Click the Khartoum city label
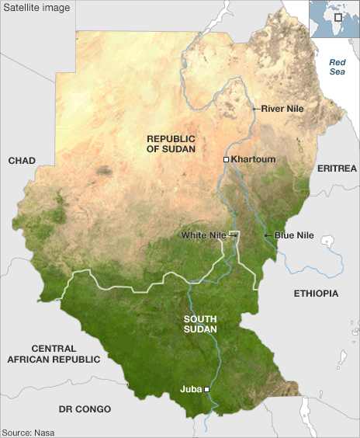click(254, 159)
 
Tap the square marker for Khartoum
click(226, 159)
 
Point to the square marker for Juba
click(206, 389)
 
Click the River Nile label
click(282, 109)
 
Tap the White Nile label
click(204, 235)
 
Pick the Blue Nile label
click(294, 235)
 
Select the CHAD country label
click(22, 160)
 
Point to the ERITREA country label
click(337, 169)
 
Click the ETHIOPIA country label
click(316, 294)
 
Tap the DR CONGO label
click(85, 408)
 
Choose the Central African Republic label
click(54, 354)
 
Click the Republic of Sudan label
click(171, 143)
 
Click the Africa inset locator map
click(334, 19)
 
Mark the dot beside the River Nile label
click(254, 109)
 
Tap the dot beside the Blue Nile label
click(266, 235)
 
